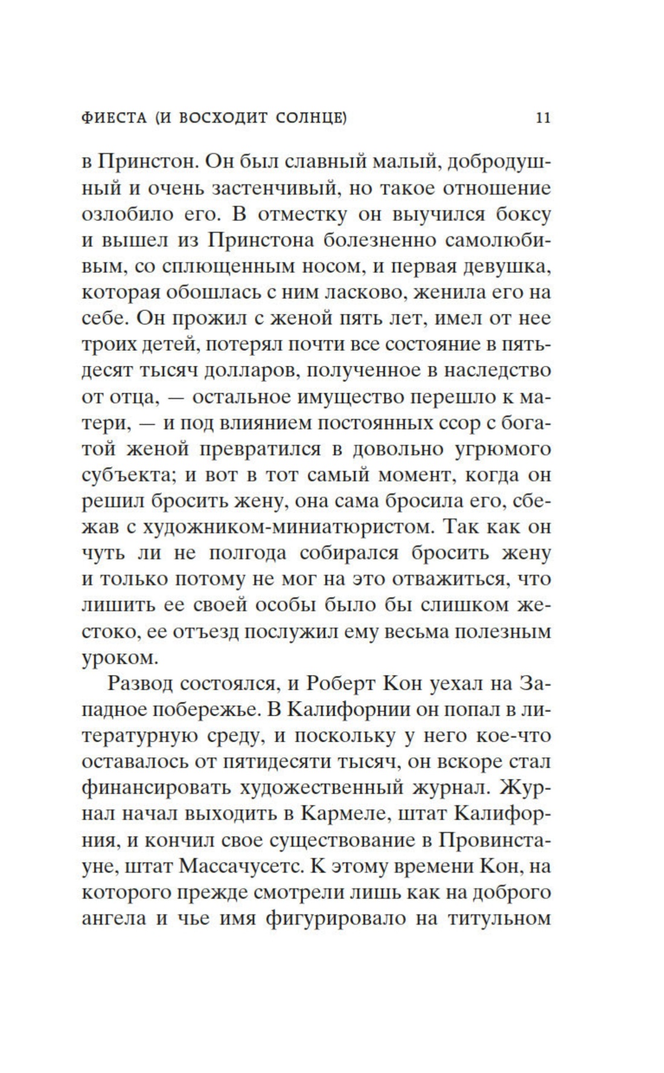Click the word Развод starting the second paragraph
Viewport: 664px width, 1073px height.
144,684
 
